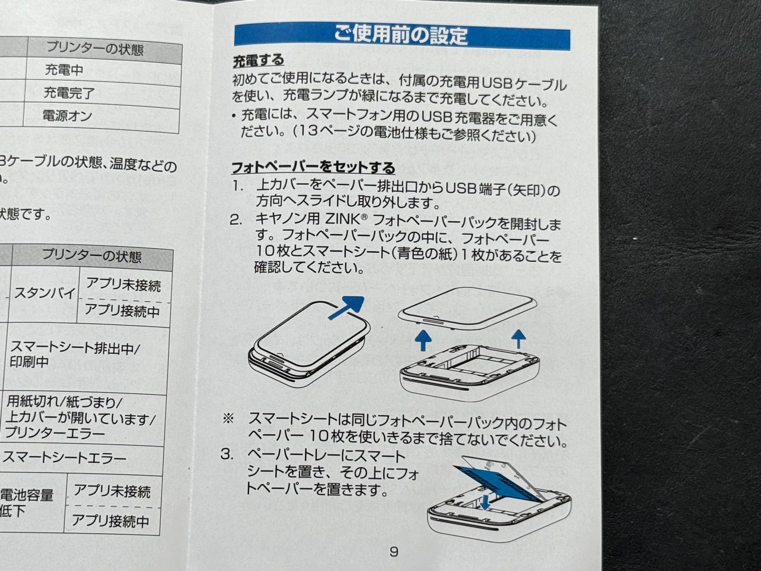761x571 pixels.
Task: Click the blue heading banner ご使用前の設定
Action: pos(401,35)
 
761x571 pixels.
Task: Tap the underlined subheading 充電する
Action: pos(258,61)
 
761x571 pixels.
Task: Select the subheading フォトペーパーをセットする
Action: pos(313,167)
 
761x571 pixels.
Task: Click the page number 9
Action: pos(394,551)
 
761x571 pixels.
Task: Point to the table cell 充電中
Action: pos(64,70)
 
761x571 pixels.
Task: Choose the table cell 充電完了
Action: pos(68,93)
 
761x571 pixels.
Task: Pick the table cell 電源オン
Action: pos(67,115)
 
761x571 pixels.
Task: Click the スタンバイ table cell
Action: pos(44,293)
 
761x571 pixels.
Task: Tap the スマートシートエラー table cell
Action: pos(64,458)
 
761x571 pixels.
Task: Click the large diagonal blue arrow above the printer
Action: pos(346,307)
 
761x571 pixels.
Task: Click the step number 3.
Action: pos(227,454)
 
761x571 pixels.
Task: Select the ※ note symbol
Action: pos(228,418)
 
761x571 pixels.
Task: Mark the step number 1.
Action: pos(238,186)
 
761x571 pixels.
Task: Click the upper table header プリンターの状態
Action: pos(95,49)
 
